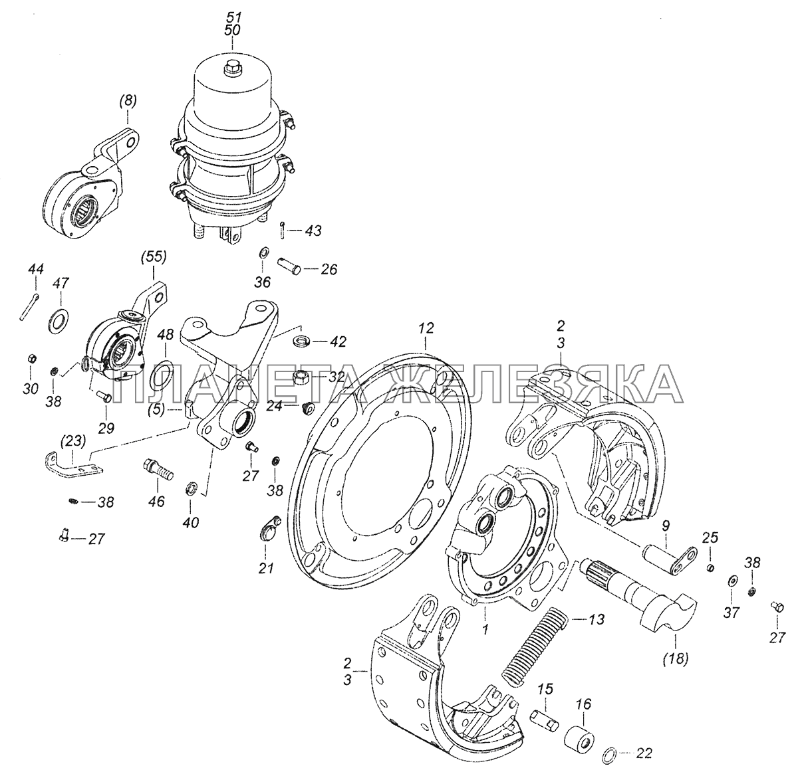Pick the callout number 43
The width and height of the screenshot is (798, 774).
(x=313, y=231)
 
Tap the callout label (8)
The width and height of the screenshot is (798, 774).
(x=128, y=101)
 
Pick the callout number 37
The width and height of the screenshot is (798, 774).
(x=731, y=613)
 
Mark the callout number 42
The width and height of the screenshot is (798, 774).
(x=338, y=342)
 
